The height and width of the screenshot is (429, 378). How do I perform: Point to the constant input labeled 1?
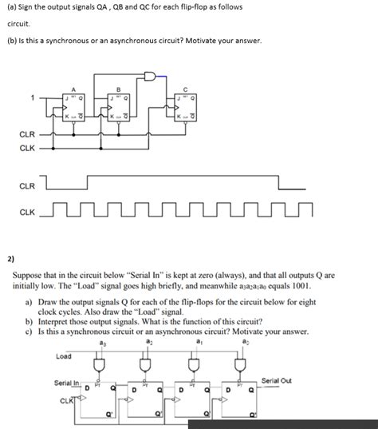[x=33, y=99]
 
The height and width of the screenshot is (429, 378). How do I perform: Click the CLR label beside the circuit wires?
[x=27, y=134]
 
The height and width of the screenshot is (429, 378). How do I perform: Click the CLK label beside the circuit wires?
[x=27, y=147]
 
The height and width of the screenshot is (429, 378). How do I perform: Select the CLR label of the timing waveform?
[x=27, y=185]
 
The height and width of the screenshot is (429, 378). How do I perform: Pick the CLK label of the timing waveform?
[x=27, y=213]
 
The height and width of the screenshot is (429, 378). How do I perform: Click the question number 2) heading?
[x=10, y=258]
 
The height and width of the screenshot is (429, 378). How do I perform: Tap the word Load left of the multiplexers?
[x=64, y=356]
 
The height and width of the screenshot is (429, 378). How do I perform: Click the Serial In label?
[x=67, y=383]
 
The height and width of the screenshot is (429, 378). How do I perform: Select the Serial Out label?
[x=277, y=380]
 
